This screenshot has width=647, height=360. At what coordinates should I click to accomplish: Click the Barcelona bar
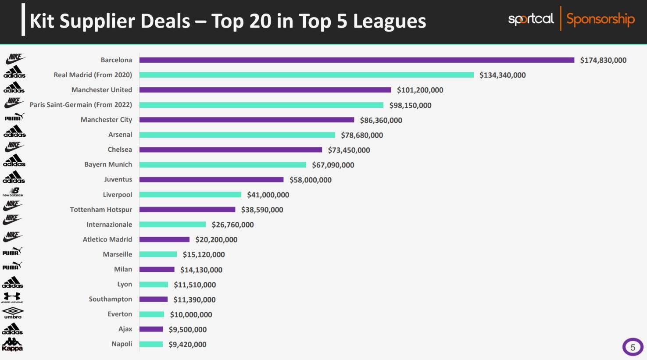pyautogui.click(x=357, y=60)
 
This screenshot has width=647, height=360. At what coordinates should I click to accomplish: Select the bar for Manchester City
pyautogui.click(x=247, y=120)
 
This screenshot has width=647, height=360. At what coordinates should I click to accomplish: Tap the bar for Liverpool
pyautogui.click(x=190, y=195)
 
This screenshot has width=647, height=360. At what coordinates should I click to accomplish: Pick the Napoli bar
pyautogui.click(x=151, y=344)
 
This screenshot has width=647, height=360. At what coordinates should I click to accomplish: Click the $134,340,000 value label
pyautogui.click(x=502, y=75)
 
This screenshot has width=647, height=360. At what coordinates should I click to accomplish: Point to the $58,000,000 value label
pyautogui.click(x=310, y=180)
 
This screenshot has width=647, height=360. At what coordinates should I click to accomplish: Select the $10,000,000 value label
pyautogui.click(x=191, y=314)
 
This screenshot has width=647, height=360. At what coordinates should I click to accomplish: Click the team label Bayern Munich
pyautogui.click(x=108, y=164)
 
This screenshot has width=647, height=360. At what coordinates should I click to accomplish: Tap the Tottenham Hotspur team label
pyautogui.click(x=101, y=210)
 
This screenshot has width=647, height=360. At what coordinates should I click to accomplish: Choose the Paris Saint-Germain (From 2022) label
pyautogui.click(x=81, y=105)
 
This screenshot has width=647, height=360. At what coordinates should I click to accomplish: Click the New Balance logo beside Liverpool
pyautogui.click(x=13, y=192)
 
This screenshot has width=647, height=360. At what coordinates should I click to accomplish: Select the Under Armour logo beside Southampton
pyautogui.click(x=12, y=298)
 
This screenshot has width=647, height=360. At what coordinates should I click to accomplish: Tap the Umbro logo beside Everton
pyautogui.click(x=13, y=313)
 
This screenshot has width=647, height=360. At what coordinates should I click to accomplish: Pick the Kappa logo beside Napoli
pyautogui.click(x=12, y=345)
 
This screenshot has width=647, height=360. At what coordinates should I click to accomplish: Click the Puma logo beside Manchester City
pyautogui.click(x=14, y=117)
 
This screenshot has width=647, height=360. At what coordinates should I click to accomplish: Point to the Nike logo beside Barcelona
pyautogui.click(x=15, y=58)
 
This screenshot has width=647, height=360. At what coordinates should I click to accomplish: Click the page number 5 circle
pyautogui.click(x=633, y=347)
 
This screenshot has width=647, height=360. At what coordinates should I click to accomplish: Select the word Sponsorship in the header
pyautogui.click(x=600, y=19)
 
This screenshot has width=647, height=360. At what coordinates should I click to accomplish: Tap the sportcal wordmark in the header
pyautogui.click(x=531, y=19)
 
